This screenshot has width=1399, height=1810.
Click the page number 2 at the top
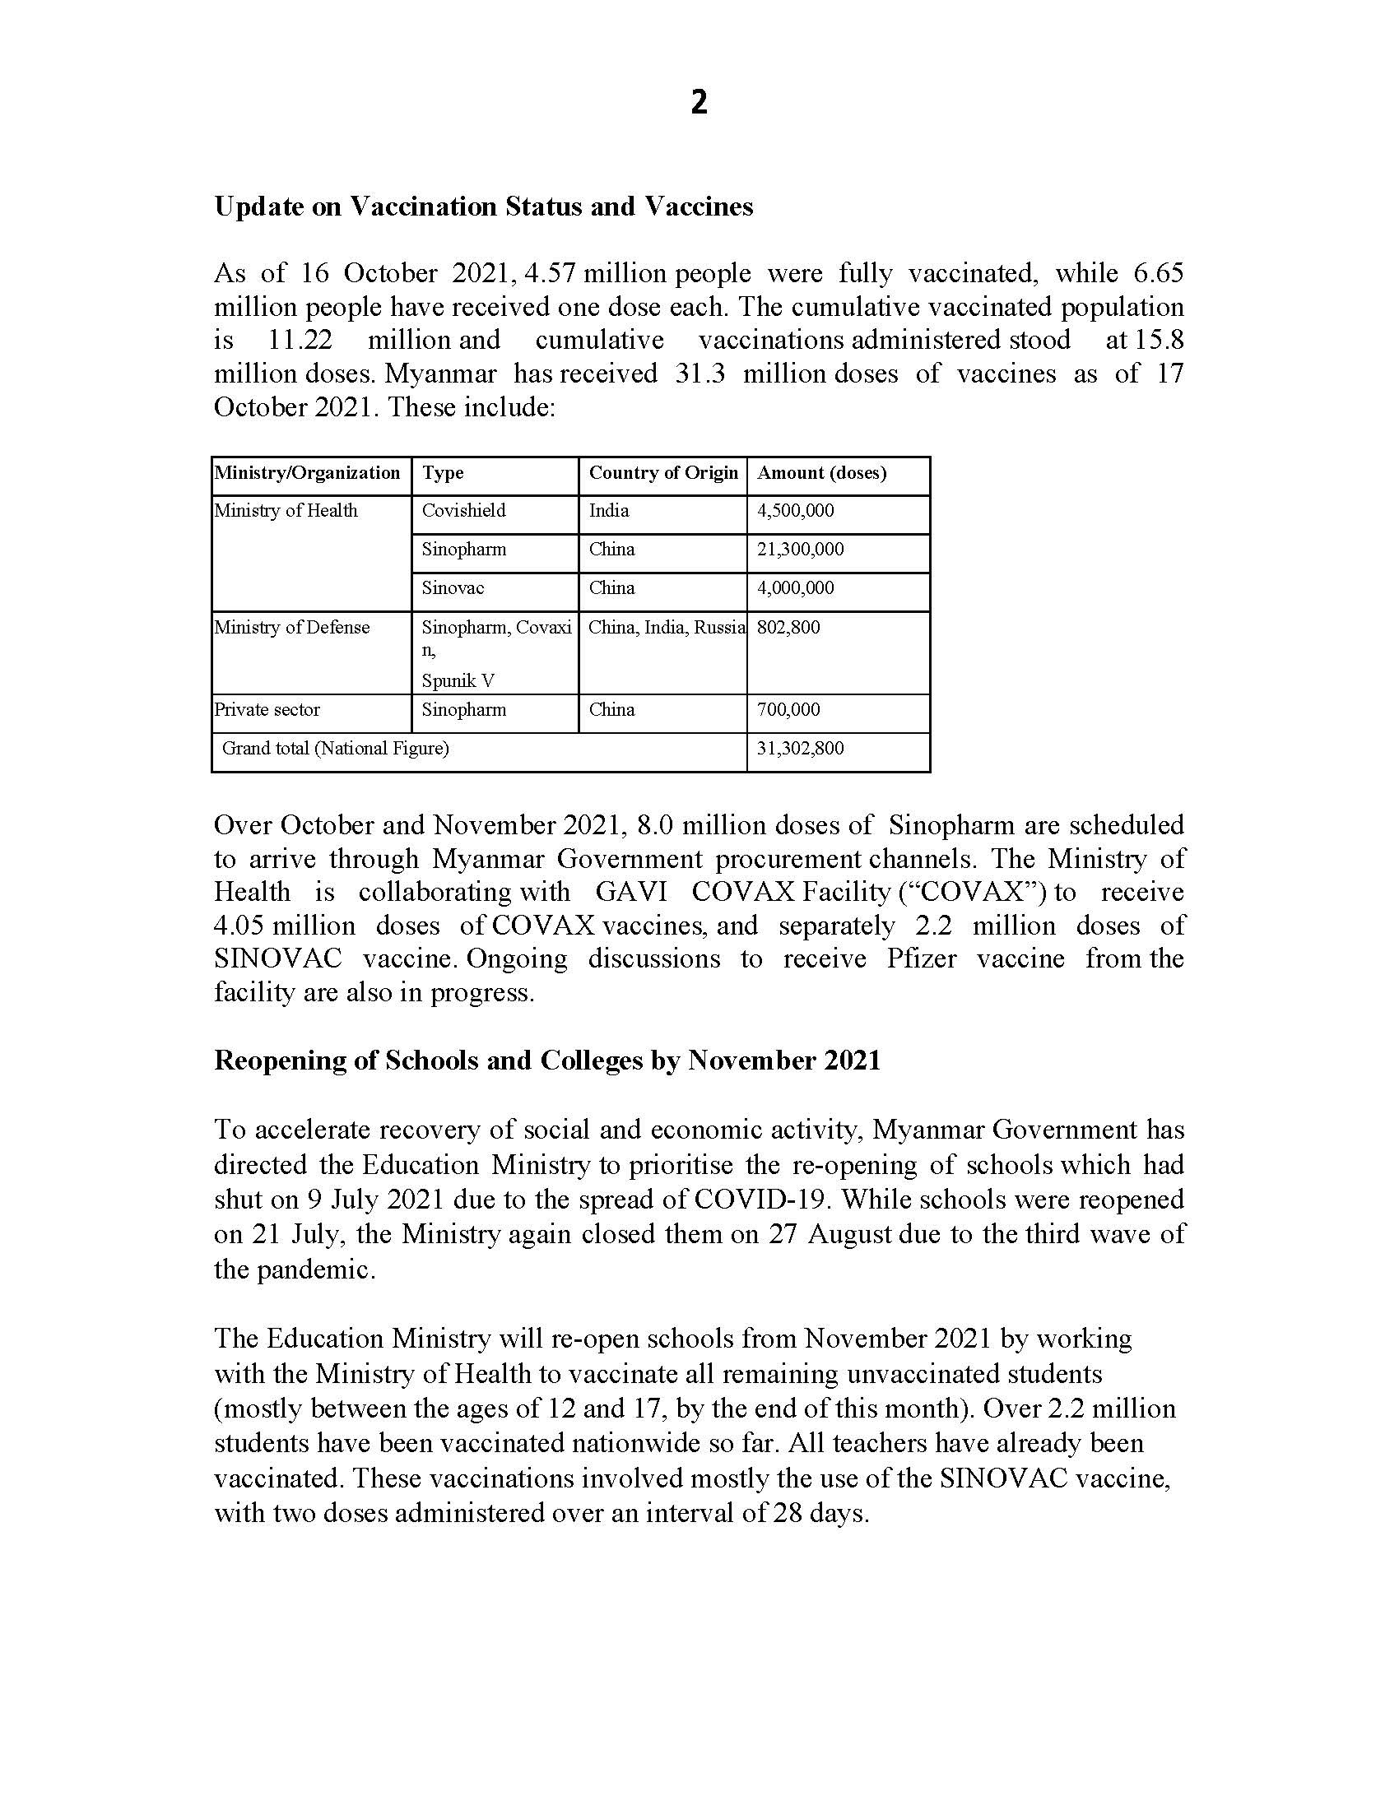tap(699, 103)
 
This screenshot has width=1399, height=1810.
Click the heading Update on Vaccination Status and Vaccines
tap(483, 207)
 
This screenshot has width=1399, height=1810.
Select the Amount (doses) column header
tap(821, 473)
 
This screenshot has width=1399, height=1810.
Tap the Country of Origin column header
tap(663, 473)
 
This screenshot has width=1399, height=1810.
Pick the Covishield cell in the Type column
tap(463, 512)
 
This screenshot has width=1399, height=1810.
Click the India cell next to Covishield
tap(608, 512)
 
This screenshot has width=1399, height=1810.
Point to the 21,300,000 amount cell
tap(800, 550)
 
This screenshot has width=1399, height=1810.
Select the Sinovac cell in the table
tap(453, 589)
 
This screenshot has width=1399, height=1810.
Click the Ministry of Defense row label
tap(292, 629)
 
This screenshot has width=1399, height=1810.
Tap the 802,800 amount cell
tap(788, 629)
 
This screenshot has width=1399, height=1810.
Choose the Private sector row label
tap(267, 710)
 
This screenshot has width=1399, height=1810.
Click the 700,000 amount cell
tap(788, 710)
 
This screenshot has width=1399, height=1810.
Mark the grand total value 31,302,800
tap(800, 750)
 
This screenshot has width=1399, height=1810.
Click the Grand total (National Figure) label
tap(335, 750)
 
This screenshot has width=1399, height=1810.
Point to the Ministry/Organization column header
tap(308, 473)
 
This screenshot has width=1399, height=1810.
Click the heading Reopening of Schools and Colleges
tap(547, 1060)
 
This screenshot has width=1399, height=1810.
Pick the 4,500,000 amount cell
tap(795, 512)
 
